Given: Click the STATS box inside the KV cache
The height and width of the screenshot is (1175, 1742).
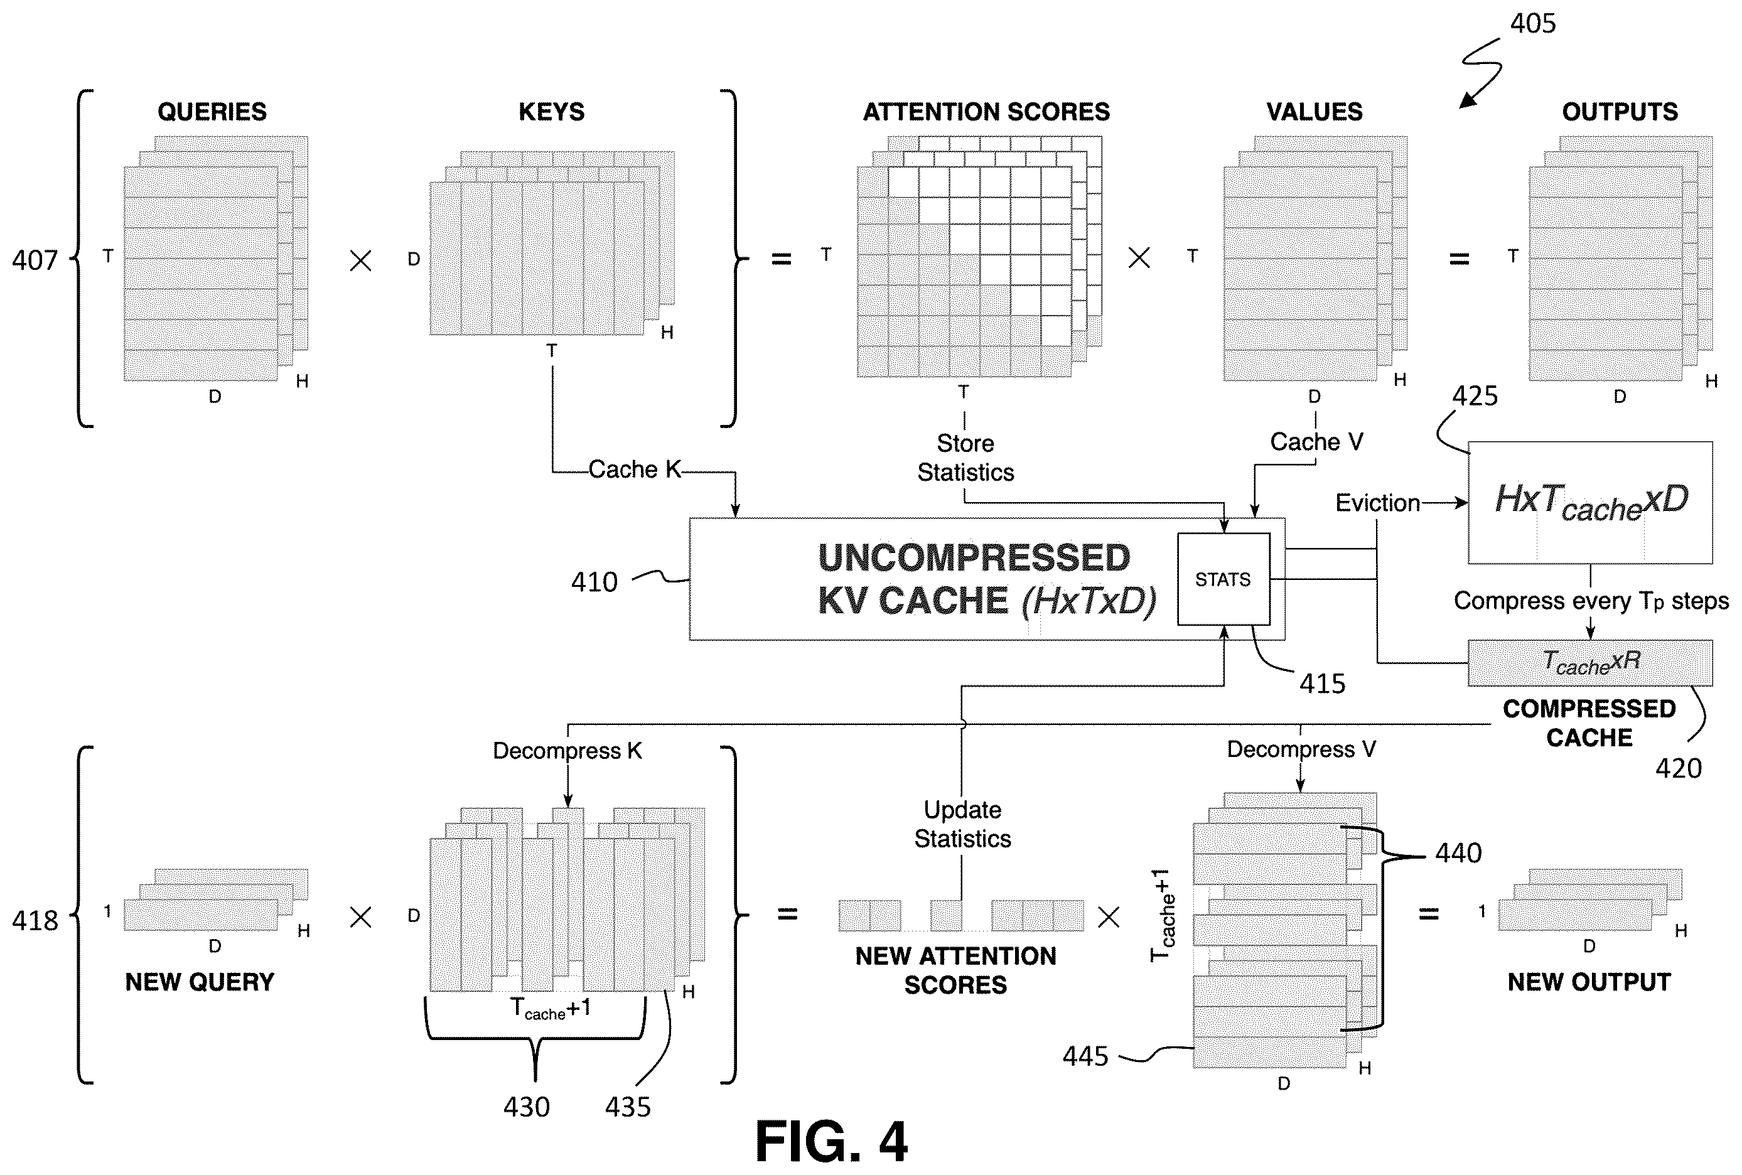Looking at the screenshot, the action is pyautogui.click(x=1223, y=579).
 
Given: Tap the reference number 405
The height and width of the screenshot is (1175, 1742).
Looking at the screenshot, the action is pyautogui.click(x=1533, y=23).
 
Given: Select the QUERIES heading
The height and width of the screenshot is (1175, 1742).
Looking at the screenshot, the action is pyautogui.click(x=212, y=112).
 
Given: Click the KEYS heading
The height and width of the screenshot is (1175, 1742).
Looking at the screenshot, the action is pyautogui.click(x=551, y=112).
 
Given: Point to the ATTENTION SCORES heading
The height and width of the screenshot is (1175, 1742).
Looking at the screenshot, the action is pyautogui.click(x=986, y=112).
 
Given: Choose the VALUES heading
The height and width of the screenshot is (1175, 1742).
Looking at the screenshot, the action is pyautogui.click(x=1314, y=112).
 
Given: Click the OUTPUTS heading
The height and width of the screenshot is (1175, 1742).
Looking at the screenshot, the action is pyautogui.click(x=1620, y=112).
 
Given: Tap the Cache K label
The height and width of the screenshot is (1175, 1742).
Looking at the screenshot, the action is pyautogui.click(x=635, y=469).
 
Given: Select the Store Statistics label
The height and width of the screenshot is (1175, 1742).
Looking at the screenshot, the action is pyautogui.click(x=965, y=458).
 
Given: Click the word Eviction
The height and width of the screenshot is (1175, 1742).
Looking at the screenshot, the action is pyautogui.click(x=1378, y=503).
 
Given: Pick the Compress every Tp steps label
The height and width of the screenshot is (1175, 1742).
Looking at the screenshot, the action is pyautogui.click(x=1591, y=601).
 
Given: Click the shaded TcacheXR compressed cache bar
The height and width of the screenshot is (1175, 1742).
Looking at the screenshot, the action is pyautogui.click(x=1590, y=662).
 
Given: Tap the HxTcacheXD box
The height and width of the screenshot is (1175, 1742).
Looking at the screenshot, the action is pyautogui.click(x=1590, y=502).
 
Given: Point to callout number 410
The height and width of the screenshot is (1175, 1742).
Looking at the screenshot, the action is pyautogui.click(x=594, y=582).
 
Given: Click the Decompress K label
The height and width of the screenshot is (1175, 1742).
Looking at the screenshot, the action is pyautogui.click(x=567, y=751).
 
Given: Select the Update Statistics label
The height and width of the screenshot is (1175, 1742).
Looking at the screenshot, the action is pyautogui.click(x=963, y=824).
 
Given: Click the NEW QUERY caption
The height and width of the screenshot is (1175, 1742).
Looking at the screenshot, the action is pyautogui.click(x=199, y=982).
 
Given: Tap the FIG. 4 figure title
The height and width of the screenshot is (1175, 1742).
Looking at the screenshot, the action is pyautogui.click(x=831, y=1141).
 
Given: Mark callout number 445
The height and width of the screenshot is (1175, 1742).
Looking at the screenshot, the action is pyautogui.click(x=1085, y=1056).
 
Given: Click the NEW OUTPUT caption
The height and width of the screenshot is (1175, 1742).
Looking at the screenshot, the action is pyautogui.click(x=1589, y=982).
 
